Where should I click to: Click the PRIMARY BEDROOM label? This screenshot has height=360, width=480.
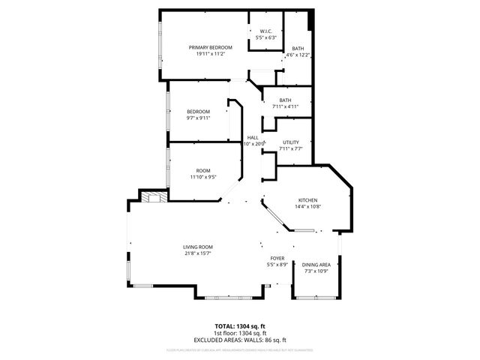coord(210,47)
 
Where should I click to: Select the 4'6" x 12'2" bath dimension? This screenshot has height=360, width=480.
coord(298,55)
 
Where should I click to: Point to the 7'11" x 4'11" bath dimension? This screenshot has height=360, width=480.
coord(285,107)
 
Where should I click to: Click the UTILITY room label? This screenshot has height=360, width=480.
coord(291,142)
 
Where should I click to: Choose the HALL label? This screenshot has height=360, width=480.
coord(253,137)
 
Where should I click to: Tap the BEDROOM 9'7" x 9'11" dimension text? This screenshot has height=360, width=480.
coord(198,118)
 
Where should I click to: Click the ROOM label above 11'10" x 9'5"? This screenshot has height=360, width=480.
coord(202,171)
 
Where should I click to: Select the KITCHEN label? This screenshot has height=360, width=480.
coord(308,199)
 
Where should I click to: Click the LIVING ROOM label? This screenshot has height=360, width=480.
coord(198,247)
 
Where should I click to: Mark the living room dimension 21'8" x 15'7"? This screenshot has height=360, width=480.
coord(198,253)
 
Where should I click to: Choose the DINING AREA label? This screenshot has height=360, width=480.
coord(316,265)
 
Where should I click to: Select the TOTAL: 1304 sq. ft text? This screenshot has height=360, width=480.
coord(240,326)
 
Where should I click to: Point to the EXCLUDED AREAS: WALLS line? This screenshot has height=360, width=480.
coord(240,340)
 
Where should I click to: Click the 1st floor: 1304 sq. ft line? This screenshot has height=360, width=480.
coord(240,333)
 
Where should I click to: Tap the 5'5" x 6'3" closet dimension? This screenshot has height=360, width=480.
coord(266,37)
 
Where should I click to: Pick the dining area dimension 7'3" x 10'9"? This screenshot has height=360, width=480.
coord(316,271)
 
